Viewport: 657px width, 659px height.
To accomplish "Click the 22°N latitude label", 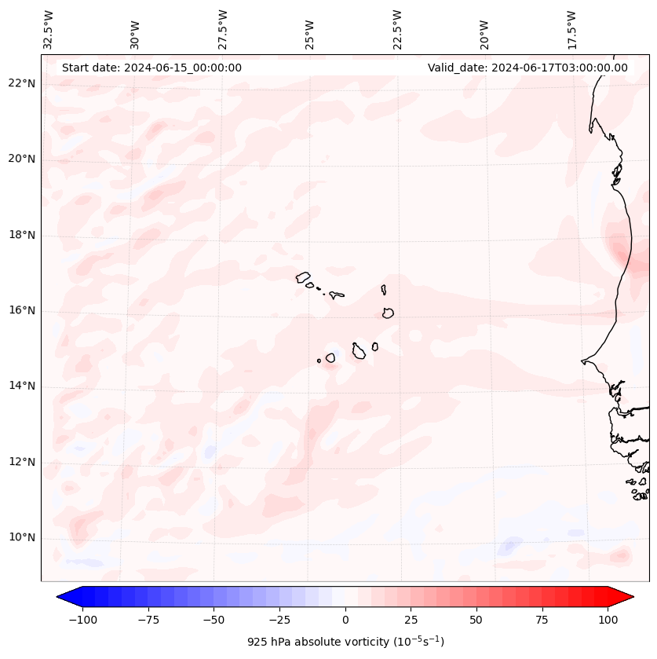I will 22,83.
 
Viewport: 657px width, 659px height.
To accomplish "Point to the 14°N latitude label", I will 22,386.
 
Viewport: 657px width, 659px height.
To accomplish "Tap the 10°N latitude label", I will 22,537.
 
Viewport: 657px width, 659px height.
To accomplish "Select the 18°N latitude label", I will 22,235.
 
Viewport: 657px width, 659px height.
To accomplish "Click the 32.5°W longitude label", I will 49,30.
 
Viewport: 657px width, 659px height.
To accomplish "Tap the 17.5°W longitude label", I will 571,30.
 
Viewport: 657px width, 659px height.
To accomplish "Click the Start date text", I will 151,68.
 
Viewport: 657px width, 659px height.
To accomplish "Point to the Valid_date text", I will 527,68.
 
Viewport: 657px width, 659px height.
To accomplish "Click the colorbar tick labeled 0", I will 345,620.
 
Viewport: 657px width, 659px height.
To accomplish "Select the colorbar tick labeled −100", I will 82,620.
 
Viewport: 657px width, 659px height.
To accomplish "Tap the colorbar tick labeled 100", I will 608,620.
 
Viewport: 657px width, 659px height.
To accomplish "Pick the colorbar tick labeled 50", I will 476,620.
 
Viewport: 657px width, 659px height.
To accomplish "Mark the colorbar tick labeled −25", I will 279,620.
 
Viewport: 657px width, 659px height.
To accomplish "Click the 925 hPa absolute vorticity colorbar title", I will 345,642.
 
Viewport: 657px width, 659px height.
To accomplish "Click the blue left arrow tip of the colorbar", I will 60,597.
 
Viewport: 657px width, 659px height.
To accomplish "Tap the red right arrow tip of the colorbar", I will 631,597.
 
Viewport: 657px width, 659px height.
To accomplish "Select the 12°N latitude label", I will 22,462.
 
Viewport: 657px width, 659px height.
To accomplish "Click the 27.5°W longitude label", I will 223,30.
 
